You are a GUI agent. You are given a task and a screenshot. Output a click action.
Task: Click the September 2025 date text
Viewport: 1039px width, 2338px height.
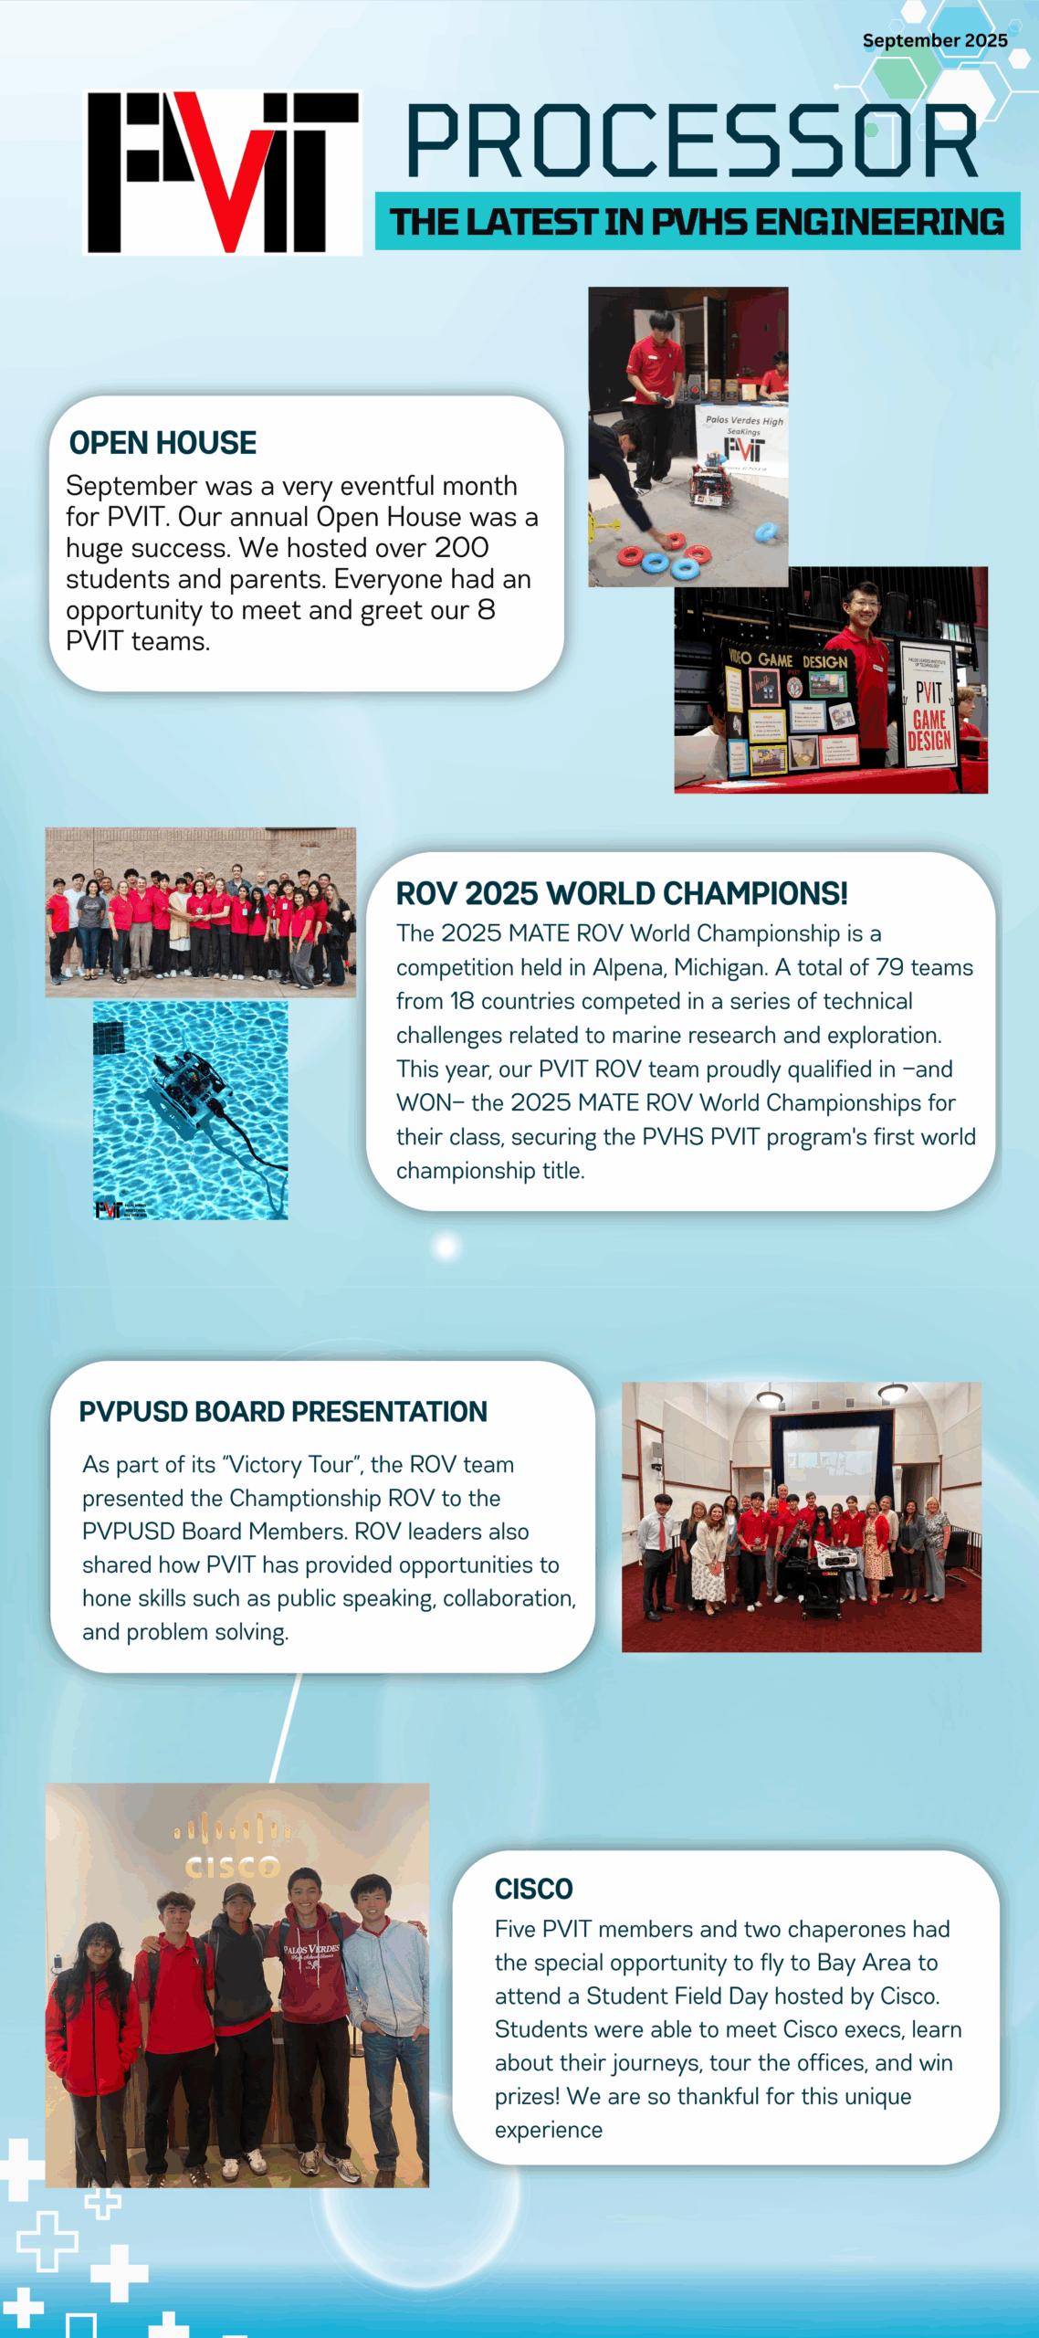pos(935,41)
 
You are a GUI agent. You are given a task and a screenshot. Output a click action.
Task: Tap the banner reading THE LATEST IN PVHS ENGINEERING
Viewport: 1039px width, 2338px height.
pos(698,222)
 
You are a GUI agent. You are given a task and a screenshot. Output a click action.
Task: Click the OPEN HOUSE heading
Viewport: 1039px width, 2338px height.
pos(163,443)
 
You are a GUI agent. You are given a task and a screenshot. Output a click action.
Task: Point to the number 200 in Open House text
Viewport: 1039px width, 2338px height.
pos(461,548)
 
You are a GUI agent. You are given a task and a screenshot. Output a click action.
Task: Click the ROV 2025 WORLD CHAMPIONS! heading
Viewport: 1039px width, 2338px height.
pos(622,893)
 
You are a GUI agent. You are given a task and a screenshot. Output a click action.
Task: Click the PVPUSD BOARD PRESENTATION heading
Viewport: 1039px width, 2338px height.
pos(283,1412)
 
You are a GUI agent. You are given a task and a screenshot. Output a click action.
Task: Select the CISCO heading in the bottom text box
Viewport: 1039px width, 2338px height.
pos(534,1889)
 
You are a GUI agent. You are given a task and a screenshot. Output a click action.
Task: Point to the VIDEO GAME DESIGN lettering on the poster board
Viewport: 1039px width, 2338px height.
pos(788,658)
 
